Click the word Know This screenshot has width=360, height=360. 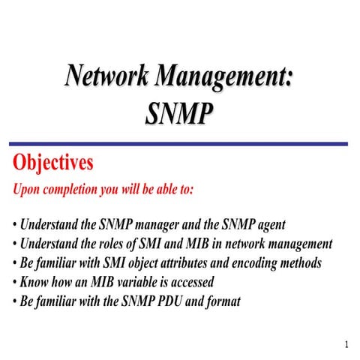(x=36, y=283)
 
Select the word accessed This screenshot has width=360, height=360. (x=192, y=283)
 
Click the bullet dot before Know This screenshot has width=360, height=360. (x=15, y=283)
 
